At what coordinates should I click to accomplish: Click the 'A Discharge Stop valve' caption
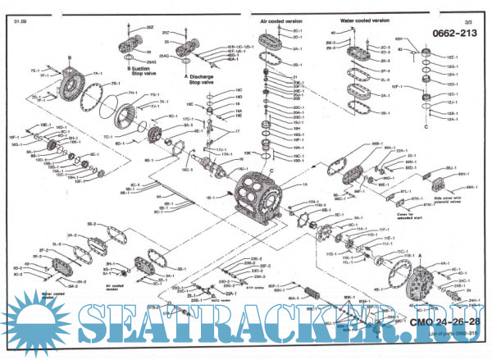[203, 80]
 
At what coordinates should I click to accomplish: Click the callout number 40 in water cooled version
[335, 34]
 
